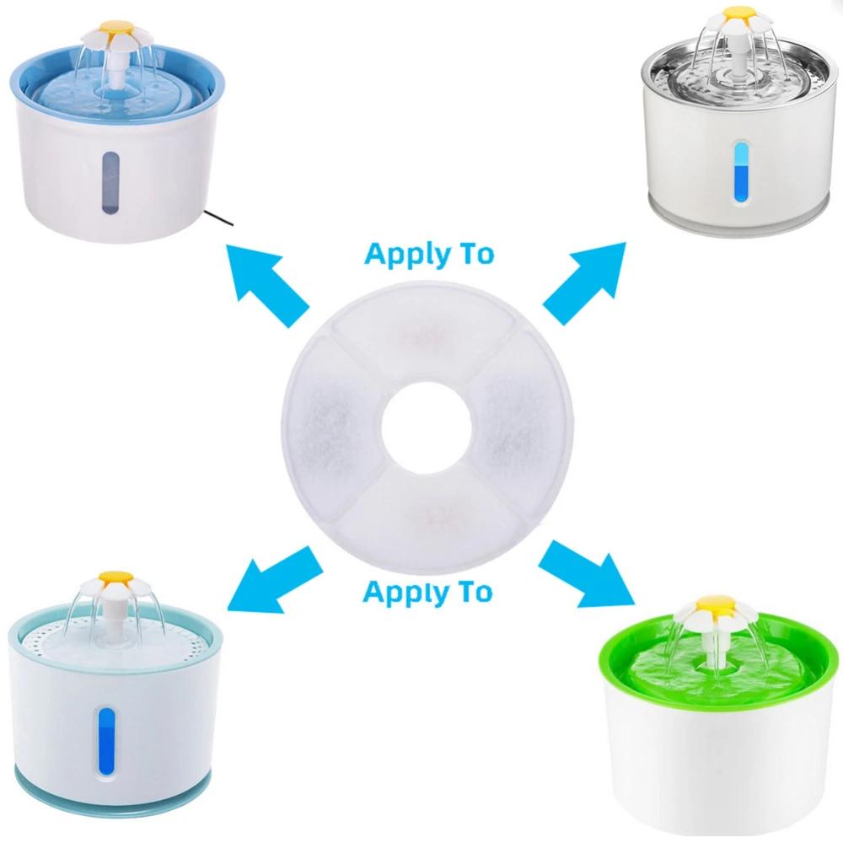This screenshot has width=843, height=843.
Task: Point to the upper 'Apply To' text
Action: [x=429, y=253]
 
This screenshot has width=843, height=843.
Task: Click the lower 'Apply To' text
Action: [x=427, y=591]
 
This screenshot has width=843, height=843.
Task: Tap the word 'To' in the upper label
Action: [x=475, y=253]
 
